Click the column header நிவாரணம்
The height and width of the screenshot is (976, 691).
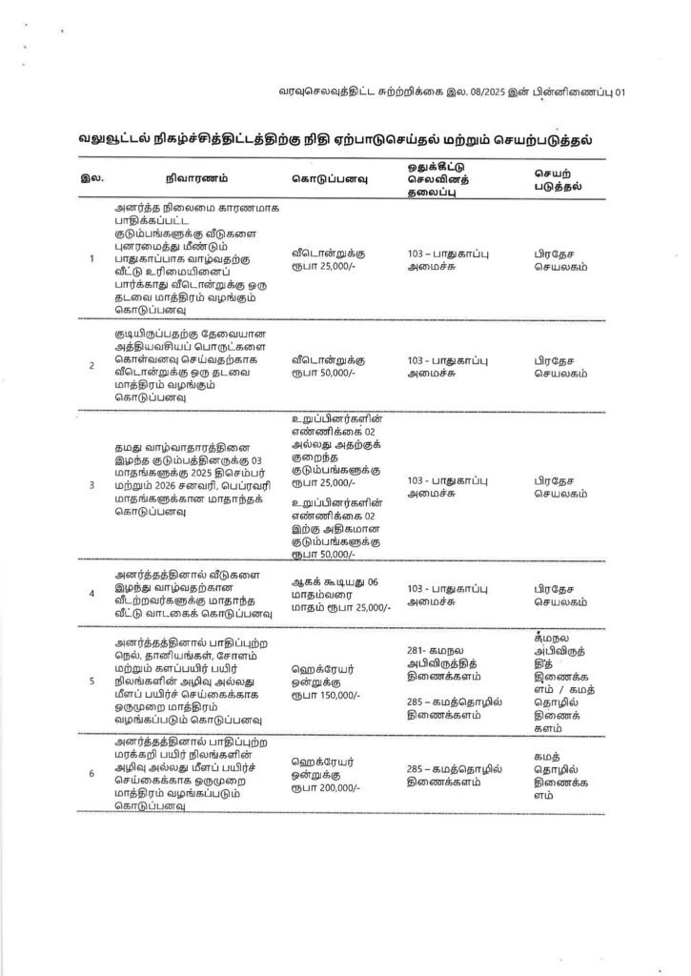194,178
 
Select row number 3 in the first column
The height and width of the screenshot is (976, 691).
91,485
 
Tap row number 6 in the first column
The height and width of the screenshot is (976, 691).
91,773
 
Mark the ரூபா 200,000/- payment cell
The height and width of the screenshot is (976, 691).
329,773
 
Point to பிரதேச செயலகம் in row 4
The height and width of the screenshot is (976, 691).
560,593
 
